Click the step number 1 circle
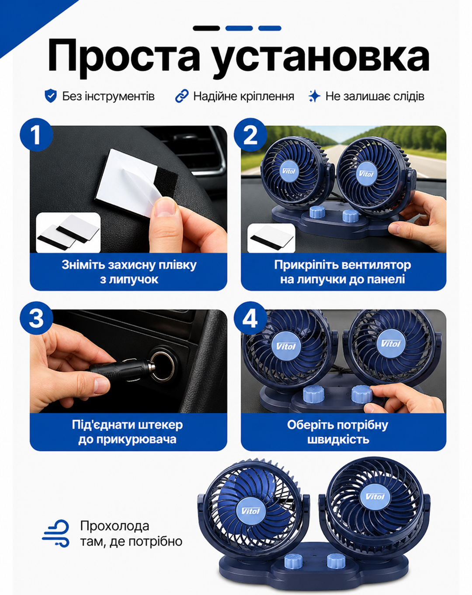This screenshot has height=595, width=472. coord(36,135)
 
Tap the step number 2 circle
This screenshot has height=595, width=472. coord(250,135)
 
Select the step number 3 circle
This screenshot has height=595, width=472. coord(36,318)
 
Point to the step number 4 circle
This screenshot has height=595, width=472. coord(250,318)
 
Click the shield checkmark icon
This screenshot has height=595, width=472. coord(51,96)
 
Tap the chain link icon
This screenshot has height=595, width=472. coord(182,96)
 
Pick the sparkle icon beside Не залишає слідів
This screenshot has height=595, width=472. coord(314,96)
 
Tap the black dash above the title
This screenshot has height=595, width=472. coord(206,28)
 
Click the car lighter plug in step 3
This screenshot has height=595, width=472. coord(121,369)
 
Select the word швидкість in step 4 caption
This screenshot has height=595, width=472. coord(338,439)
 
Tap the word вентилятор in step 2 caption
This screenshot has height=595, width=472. coord(376,265)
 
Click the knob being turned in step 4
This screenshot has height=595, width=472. coord(362,394)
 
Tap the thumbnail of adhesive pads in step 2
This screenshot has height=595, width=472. coord(271,238)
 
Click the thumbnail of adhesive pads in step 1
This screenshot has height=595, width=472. coord(68,232)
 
